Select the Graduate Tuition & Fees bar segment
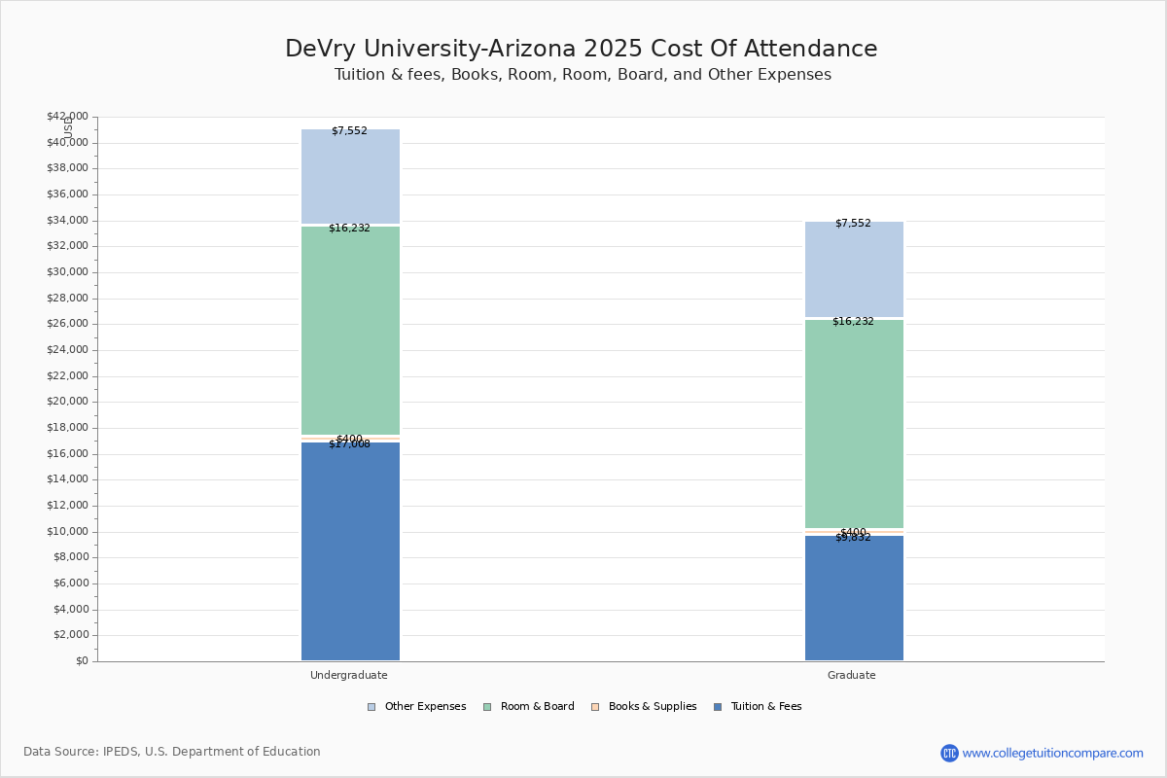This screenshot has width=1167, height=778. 854,598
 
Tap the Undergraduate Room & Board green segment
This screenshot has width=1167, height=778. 350,331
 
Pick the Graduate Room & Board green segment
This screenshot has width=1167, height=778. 854,424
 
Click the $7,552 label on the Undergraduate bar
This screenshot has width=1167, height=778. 349,131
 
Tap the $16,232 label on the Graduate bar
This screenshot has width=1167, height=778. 853,322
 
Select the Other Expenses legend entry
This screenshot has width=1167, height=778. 417,707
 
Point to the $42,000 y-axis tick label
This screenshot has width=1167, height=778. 67,117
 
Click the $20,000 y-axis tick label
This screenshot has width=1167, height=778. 67,402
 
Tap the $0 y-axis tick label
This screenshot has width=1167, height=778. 81,661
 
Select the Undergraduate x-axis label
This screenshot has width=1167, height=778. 349,675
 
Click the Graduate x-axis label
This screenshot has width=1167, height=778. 852,675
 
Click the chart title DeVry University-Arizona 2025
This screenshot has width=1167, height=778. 582,50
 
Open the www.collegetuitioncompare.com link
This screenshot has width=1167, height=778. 1052,753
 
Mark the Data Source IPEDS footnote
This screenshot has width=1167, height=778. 172,752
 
